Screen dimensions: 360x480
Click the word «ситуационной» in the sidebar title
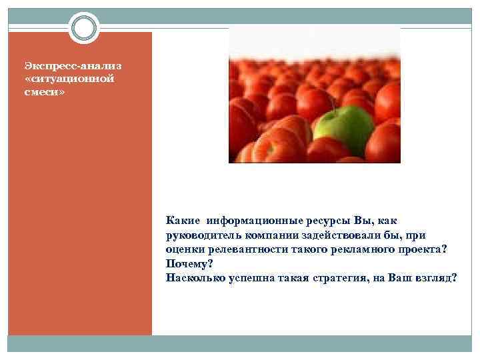[x=61, y=79]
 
